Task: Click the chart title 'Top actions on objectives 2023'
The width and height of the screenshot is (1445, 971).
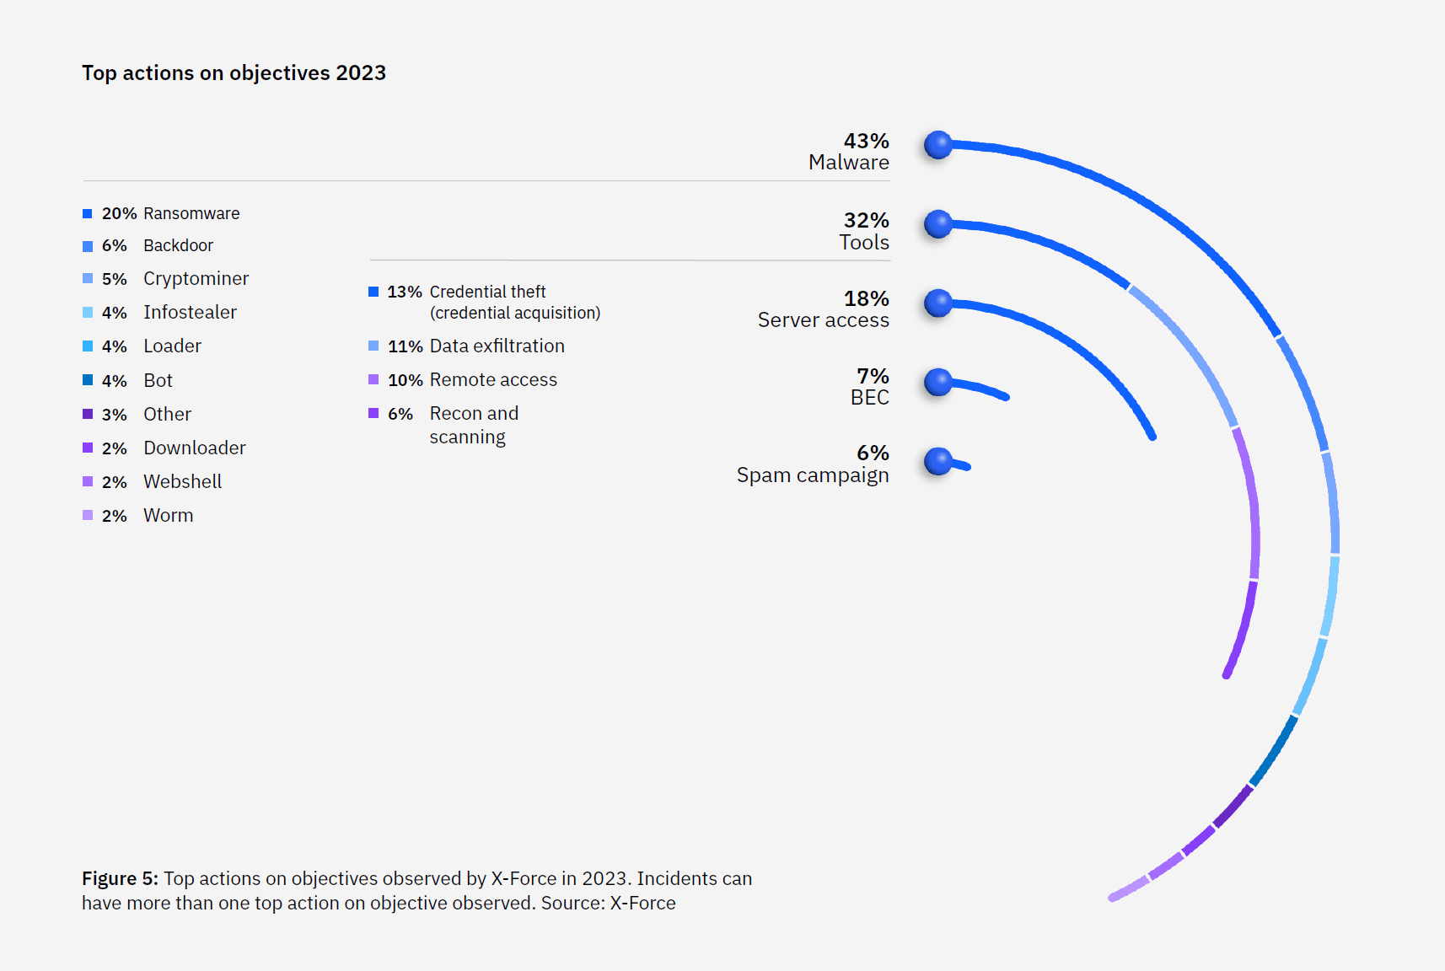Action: coord(234,73)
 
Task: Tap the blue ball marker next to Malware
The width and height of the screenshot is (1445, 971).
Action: coord(937,145)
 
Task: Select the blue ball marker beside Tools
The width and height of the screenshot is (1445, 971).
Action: coord(937,224)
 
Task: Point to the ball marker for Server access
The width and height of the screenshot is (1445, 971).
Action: coord(937,303)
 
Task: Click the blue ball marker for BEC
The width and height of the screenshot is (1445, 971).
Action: coord(937,383)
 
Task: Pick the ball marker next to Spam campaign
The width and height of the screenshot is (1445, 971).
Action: coord(937,461)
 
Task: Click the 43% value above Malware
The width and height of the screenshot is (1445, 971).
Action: coord(866,141)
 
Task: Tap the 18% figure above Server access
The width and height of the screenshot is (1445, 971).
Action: coord(866,298)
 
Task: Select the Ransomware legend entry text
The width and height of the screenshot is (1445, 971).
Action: coord(191,213)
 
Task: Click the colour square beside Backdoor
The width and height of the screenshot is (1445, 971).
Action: coord(88,246)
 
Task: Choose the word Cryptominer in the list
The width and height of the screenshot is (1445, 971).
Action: coord(196,278)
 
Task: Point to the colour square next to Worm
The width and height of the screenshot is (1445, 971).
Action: coord(88,515)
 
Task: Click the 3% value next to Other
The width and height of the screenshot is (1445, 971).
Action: coord(114,415)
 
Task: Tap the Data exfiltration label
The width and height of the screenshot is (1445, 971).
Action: coord(497,346)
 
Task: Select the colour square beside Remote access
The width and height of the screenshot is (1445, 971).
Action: coord(373,379)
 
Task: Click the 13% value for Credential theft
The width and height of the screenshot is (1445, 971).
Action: coord(404,292)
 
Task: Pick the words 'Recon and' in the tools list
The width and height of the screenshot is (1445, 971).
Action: coord(474,413)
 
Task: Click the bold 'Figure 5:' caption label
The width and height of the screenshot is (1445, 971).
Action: coord(120,878)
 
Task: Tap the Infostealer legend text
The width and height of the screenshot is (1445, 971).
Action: coord(190,312)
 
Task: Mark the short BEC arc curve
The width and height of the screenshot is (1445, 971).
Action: coord(982,389)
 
